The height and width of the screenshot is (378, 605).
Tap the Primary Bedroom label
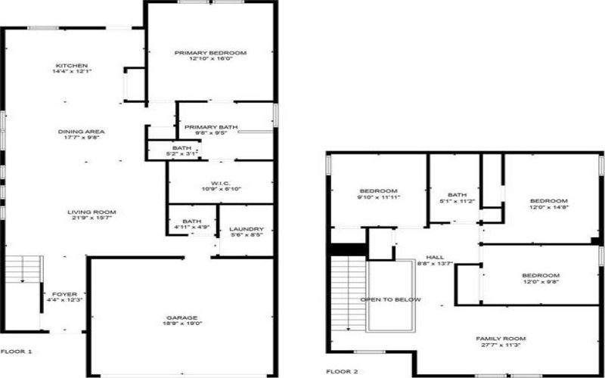point(210,53)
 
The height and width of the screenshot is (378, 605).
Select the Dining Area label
point(82,132)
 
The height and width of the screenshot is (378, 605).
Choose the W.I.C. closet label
point(220,182)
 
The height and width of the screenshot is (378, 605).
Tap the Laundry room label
point(247,229)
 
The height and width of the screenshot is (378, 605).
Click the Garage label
point(182,317)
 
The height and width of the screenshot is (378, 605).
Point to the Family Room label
point(500,338)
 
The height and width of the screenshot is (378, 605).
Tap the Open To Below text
point(390,299)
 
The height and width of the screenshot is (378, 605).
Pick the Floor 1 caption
point(16,352)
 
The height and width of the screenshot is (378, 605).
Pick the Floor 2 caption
point(343,371)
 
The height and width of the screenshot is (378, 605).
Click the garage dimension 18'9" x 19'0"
point(182,324)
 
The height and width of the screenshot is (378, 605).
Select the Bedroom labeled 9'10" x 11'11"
point(378,190)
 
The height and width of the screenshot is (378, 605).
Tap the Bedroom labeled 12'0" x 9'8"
point(540,275)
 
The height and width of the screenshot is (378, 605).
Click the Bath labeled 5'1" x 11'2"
point(457,194)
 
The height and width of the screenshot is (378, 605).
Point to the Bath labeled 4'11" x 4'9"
point(182,221)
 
